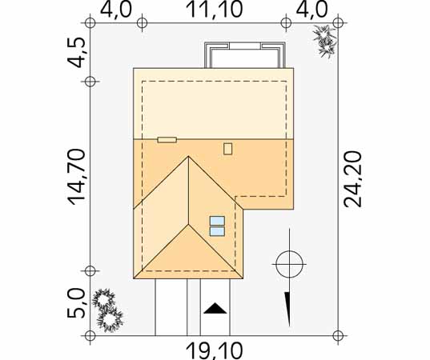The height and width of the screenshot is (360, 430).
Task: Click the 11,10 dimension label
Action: click(214, 10)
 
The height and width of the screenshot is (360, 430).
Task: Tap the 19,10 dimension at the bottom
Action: click(214, 351)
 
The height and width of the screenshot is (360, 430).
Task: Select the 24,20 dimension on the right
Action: click(353, 179)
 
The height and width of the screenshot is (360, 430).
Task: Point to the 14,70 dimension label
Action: click(77, 177)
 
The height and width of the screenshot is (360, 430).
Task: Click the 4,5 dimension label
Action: click(75, 52)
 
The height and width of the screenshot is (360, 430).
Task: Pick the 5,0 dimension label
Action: click(76, 303)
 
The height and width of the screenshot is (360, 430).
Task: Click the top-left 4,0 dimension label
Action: click(116, 10)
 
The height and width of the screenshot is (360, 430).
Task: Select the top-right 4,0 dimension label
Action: click(311, 10)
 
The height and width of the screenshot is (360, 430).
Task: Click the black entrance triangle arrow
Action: click(215, 308)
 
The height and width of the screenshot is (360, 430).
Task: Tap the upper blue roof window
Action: click(217, 221)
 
